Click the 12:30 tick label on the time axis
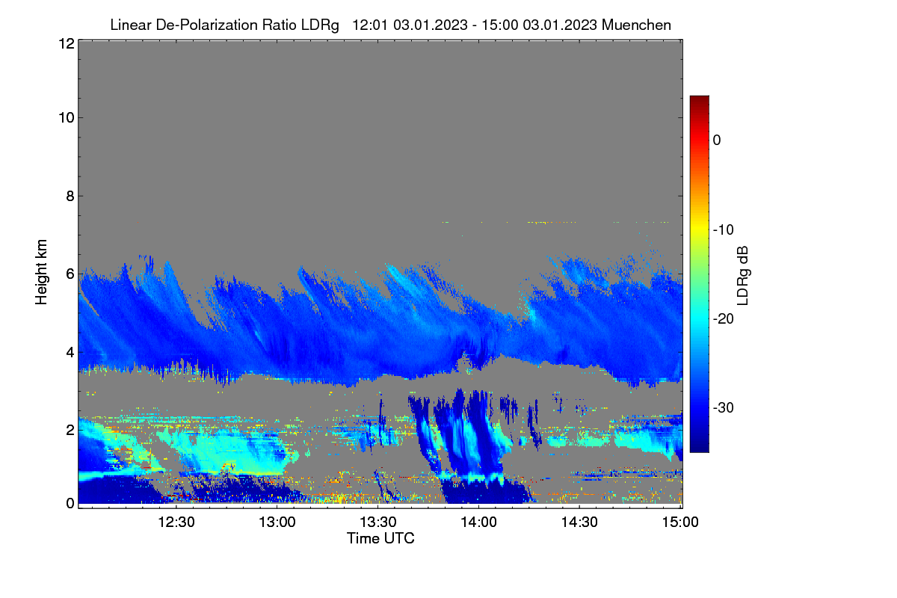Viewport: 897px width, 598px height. tap(176, 523)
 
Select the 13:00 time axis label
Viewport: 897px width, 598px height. tap(277, 523)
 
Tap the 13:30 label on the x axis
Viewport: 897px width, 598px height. tap(378, 523)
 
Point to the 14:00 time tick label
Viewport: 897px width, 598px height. tap(478, 523)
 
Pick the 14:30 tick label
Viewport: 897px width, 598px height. tap(579, 523)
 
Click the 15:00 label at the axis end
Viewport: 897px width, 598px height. tap(680, 523)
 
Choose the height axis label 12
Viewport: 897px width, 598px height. tap(67, 43)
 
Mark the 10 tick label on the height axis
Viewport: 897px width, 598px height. tap(67, 118)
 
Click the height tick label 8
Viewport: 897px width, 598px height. tap(70, 197)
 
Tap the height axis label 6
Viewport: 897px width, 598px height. tap(70, 274)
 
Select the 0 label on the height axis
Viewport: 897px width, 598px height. tap(70, 504)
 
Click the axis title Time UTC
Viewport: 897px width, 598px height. tap(380, 539)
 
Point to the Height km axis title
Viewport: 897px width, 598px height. tap(41, 272)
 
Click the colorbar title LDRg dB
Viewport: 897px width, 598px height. tap(743, 276)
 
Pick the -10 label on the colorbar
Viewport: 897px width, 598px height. tap(724, 230)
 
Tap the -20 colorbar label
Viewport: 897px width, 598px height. tap(724, 319)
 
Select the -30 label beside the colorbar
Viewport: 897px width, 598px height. tap(724, 408)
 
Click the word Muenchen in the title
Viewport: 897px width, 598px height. tap(636, 25)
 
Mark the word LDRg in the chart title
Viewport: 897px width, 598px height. tap(320, 25)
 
